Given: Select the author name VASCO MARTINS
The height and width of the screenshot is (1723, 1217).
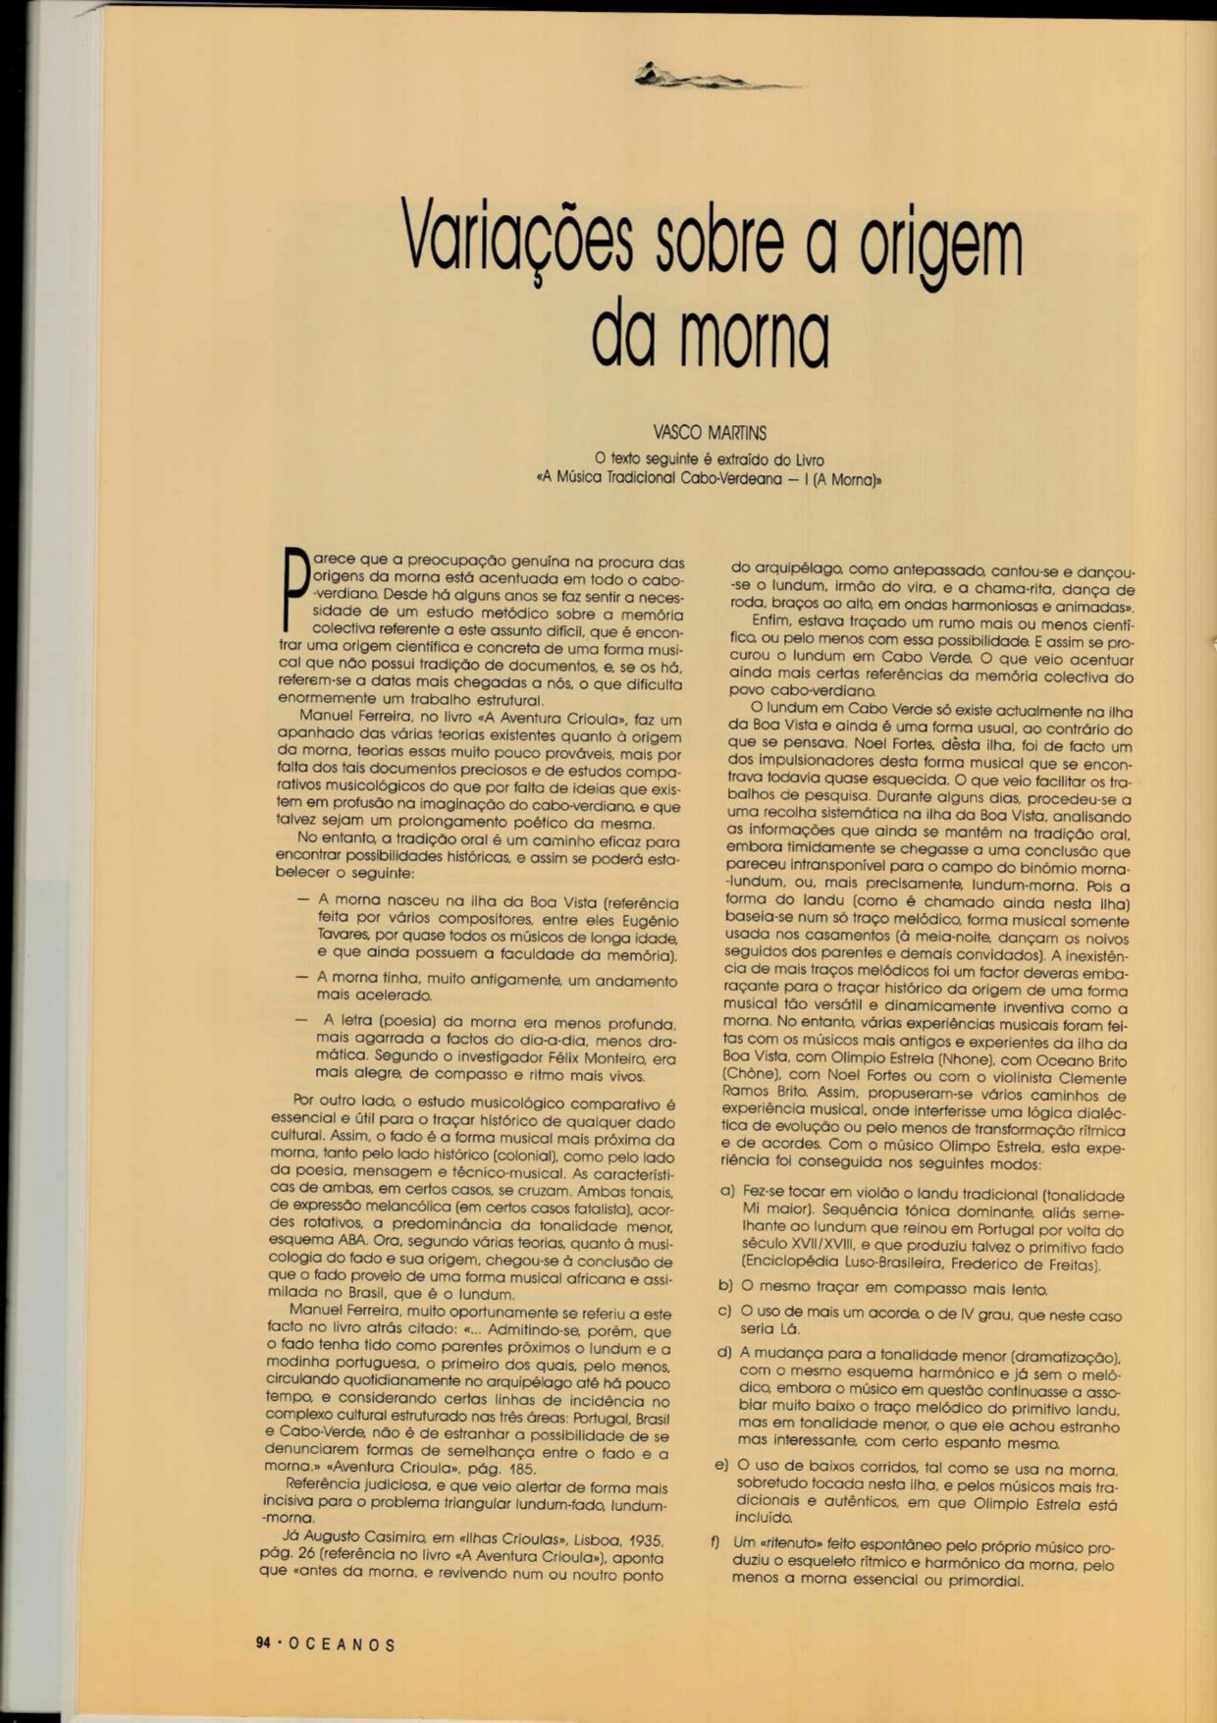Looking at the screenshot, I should tap(710, 433).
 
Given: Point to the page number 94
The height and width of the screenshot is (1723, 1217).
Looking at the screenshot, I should tap(263, 1643).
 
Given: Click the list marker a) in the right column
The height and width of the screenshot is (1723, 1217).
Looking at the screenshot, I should tap(727, 1191).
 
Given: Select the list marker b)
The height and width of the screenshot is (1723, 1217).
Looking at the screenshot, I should tap(726, 1285).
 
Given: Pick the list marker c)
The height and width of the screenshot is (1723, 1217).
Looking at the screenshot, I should tap(725, 1311).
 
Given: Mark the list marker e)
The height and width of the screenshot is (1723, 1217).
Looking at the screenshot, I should tap(721, 1466).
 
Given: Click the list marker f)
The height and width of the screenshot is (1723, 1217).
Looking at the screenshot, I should tap(716, 1541).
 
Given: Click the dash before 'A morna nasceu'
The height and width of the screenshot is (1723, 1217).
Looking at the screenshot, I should tap(303, 898).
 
